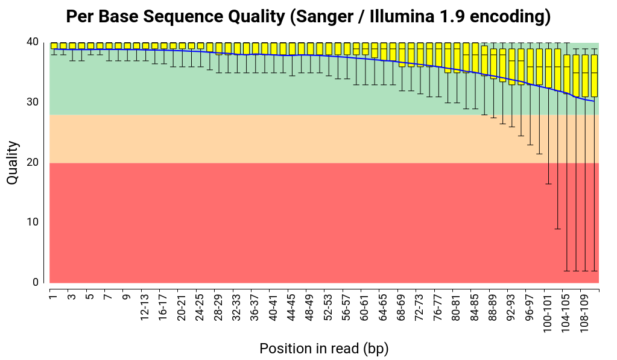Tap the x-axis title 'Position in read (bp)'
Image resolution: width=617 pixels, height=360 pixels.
coord(324,349)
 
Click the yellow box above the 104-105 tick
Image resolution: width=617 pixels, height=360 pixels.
coord(566,72)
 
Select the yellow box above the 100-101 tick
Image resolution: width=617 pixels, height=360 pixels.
coord(548,68)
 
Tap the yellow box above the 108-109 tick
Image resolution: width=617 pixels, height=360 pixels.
coord(584,75)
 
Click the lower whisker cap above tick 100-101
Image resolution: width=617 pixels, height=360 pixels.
coord(548,184)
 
